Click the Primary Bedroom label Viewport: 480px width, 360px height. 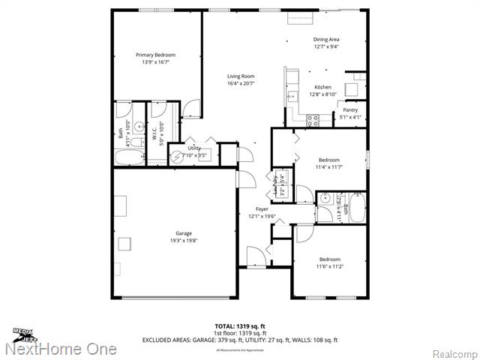click(155, 55)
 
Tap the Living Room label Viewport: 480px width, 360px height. click(241, 76)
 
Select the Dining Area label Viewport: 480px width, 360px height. click(326, 39)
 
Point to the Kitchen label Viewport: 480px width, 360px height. click(322, 87)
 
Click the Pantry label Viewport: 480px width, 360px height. click(350, 110)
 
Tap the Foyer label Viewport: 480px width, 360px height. click(262, 209)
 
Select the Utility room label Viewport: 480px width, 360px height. click(194, 148)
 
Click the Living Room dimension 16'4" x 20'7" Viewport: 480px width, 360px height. click(241, 82)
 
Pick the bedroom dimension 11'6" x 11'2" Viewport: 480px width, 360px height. click(329, 266)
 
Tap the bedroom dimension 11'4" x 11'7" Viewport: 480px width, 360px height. click(329, 166)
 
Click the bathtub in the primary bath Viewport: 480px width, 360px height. click(130, 158)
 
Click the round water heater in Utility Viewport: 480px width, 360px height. click(178, 156)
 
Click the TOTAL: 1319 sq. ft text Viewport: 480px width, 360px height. click(239, 326)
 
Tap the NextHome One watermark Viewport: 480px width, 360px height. click(60, 349)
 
